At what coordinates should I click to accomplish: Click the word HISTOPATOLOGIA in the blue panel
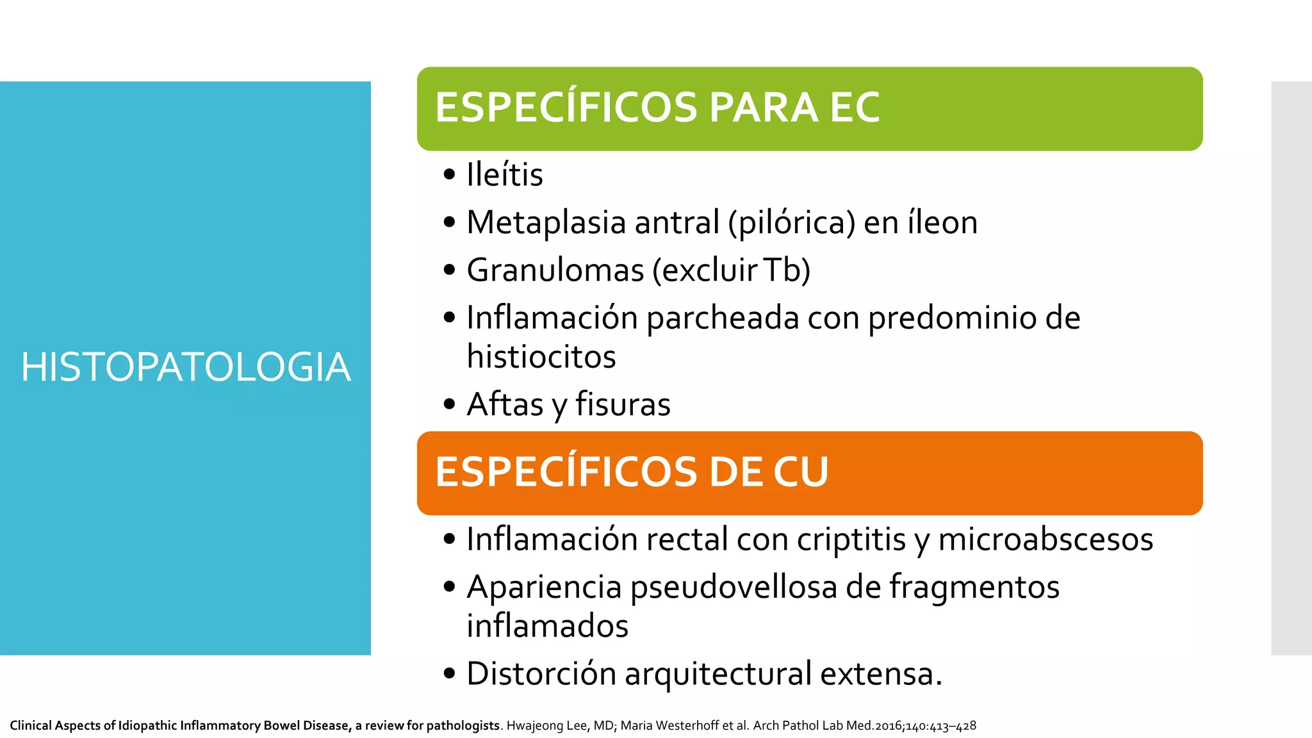click(186, 367)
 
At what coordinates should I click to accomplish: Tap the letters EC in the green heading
click(855, 107)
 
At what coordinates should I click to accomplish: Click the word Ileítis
click(505, 175)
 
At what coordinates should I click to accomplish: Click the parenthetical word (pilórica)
click(791, 223)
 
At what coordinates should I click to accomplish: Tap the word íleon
click(942, 223)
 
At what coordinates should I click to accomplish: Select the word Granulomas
click(555, 270)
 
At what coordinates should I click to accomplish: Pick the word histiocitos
click(541, 357)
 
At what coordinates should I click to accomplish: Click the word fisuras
click(622, 405)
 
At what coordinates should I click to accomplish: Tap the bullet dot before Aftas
click(449, 405)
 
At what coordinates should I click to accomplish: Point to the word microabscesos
click(1045, 539)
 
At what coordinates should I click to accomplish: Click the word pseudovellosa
click(734, 587)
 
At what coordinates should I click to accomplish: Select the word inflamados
click(547, 626)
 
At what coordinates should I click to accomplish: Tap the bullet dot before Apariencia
click(449, 587)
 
